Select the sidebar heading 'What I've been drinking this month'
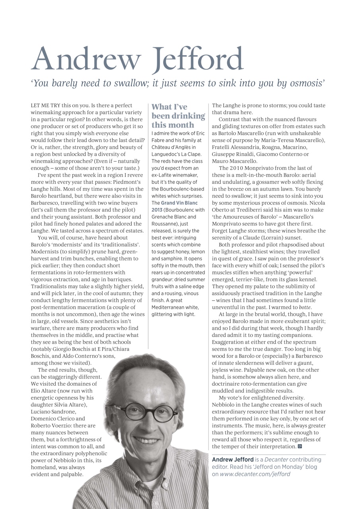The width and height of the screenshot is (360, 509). pos(178,116)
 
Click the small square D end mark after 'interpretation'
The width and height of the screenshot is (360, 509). pos(299,447)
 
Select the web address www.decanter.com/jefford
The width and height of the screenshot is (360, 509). pos(255,474)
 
